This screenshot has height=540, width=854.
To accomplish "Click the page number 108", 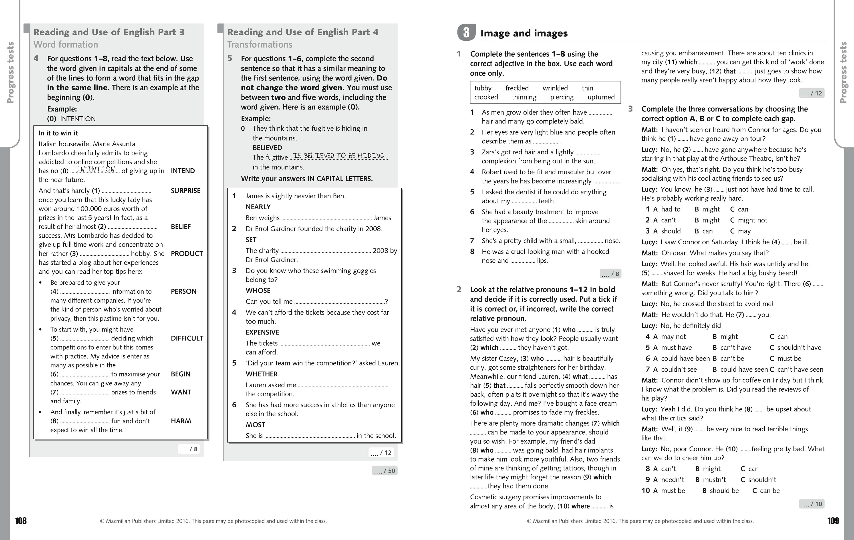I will [x=20, y=520].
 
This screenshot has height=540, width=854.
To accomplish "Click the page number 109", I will [x=833, y=520].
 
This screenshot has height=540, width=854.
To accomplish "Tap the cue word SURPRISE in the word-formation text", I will [x=185, y=191].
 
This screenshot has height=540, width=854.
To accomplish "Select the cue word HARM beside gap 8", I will [x=181, y=421].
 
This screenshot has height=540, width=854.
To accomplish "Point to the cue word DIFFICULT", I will [x=187, y=338].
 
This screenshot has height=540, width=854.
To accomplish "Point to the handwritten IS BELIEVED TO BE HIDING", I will [x=339, y=156].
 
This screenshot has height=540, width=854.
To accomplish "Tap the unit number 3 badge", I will [x=466, y=33].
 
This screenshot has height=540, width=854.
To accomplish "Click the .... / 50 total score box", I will [x=385, y=471].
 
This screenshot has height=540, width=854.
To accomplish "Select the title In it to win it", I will [x=58, y=133].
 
